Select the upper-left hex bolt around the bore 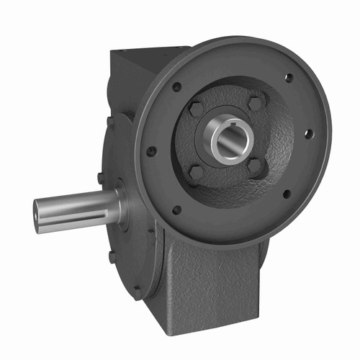pyautogui.click(x=197, y=109)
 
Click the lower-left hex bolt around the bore pyautogui.click(x=195, y=173)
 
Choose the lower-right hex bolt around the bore pyautogui.click(x=256, y=166)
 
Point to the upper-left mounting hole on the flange pyautogui.click(x=176, y=86)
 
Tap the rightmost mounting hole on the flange pyautogui.click(x=307, y=133)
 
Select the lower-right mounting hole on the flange pyautogui.click(x=287, y=193)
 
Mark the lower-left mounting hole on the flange pyautogui.click(x=177, y=210)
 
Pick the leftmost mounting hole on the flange pyautogui.click(x=152, y=151)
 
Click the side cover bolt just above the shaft pyautogui.click(x=100, y=176)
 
